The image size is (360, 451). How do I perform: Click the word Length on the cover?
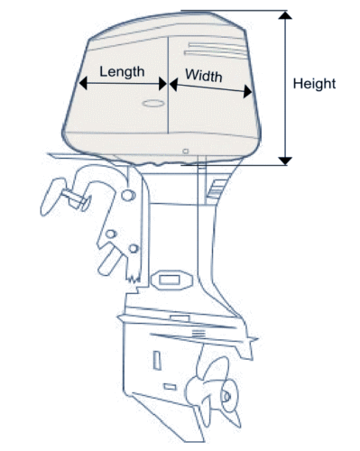pyautogui.click(x=122, y=72)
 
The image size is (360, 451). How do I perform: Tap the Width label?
pyautogui.click(x=204, y=76)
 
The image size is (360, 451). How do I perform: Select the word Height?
pyautogui.click(x=314, y=84)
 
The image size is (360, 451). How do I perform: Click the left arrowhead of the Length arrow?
pyautogui.click(x=83, y=83)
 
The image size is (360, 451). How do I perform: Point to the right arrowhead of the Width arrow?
pyautogui.click(x=247, y=91)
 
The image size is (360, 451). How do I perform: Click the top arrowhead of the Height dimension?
pyautogui.click(x=285, y=14)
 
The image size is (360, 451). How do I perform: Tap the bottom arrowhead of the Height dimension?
pyautogui.click(x=285, y=161)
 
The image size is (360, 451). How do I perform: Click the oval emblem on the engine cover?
pyautogui.click(x=153, y=104)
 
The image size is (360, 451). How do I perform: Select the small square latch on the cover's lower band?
pyautogui.click(x=186, y=151)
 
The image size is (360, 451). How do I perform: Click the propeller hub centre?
pyautogui.click(x=226, y=397)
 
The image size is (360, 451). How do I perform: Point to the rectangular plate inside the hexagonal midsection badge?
pyautogui.click(x=169, y=281)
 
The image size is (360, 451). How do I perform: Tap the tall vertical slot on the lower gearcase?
pyautogui.click(x=157, y=360)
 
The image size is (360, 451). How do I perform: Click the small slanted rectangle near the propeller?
pyautogui.click(x=170, y=387)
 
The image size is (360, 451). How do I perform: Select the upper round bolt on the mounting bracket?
pyautogui.click(x=128, y=195)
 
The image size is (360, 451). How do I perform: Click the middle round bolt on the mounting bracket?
pyautogui.click(x=111, y=234)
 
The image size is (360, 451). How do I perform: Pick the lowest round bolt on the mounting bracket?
pyautogui.click(x=134, y=249)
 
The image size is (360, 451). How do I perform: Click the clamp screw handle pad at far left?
pyautogui.click(x=51, y=197)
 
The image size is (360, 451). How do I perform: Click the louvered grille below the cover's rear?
pyautogui.click(x=216, y=189)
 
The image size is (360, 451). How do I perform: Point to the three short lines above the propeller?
pyautogui.click(x=198, y=333)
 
